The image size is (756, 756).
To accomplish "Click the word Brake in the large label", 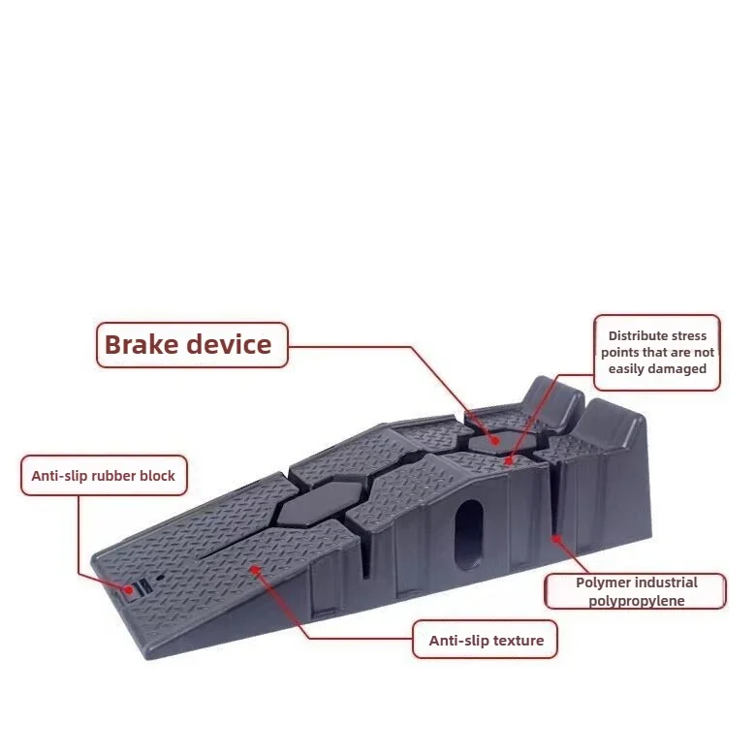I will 139,345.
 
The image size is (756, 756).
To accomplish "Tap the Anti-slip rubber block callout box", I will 104,476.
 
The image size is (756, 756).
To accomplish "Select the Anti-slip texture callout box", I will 486,640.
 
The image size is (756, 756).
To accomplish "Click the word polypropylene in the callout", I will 636,601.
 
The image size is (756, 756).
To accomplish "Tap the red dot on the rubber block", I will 127,588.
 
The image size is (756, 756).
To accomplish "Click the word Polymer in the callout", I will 603,583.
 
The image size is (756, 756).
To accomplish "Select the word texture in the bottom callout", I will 519,640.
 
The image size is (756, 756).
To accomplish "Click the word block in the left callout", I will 157,476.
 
